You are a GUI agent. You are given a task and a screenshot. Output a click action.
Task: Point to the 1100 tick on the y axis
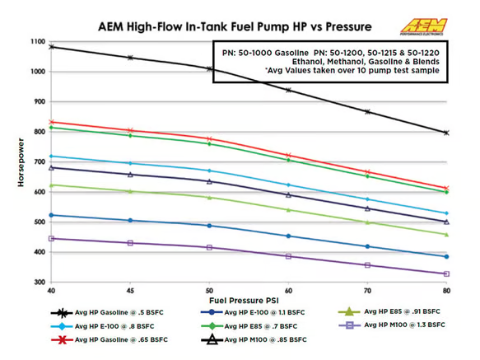click(x=35, y=41)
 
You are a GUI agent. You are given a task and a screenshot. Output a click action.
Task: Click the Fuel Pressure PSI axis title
click(x=248, y=302)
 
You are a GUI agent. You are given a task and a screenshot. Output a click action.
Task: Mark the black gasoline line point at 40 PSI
click(x=51, y=47)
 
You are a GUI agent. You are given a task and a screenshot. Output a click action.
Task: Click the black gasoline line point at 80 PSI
click(x=446, y=133)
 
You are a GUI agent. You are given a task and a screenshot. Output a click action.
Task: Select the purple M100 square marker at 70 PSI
click(x=367, y=265)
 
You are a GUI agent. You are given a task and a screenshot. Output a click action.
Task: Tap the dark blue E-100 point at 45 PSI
click(x=130, y=220)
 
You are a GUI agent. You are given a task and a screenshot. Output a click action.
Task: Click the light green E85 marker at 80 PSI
click(x=446, y=235)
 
